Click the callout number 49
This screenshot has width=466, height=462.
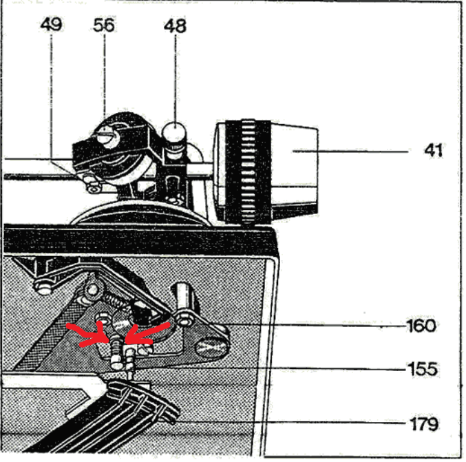tap(51, 25)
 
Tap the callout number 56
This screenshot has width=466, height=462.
tap(104, 25)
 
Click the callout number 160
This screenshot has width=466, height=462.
tap(421, 324)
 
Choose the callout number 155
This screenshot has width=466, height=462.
tap(421, 369)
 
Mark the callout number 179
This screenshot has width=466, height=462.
tap(423, 423)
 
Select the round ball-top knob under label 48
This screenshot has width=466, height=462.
tap(176, 131)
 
